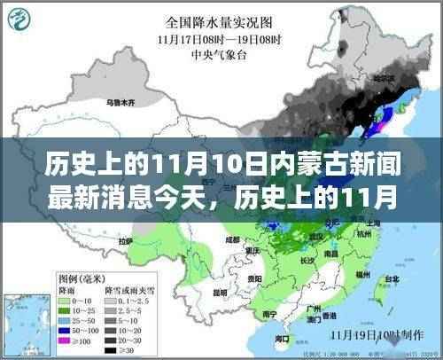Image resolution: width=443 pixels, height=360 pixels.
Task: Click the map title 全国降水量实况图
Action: (220, 21)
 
